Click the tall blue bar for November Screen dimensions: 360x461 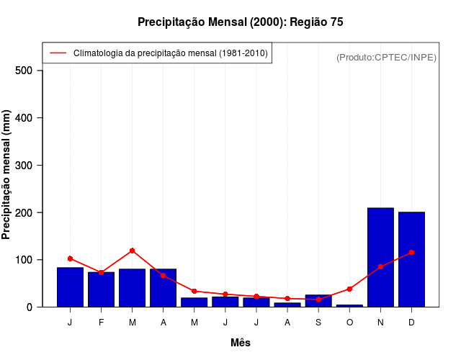(x=380, y=257)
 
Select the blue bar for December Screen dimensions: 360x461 (x=411, y=259)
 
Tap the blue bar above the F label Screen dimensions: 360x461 (x=101, y=289)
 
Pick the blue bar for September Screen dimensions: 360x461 (x=318, y=301)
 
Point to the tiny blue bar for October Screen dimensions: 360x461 (x=349, y=305)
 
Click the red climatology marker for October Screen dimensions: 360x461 (x=349, y=289)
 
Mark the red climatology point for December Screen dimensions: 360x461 (x=411, y=253)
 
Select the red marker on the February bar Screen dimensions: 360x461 (x=101, y=272)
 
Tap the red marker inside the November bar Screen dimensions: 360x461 (x=380, y=266)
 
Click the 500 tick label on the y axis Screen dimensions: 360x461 (x=24, y=71)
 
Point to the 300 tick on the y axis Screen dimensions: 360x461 (x=24, y=166)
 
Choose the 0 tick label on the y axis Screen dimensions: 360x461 (x=30, y=307)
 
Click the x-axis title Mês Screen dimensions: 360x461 (x=241, y=343)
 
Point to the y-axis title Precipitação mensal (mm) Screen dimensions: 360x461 (x=6, y=179)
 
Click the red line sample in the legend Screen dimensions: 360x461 (x=58, y=53)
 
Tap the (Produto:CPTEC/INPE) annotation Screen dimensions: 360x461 (x=386, y=57)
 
